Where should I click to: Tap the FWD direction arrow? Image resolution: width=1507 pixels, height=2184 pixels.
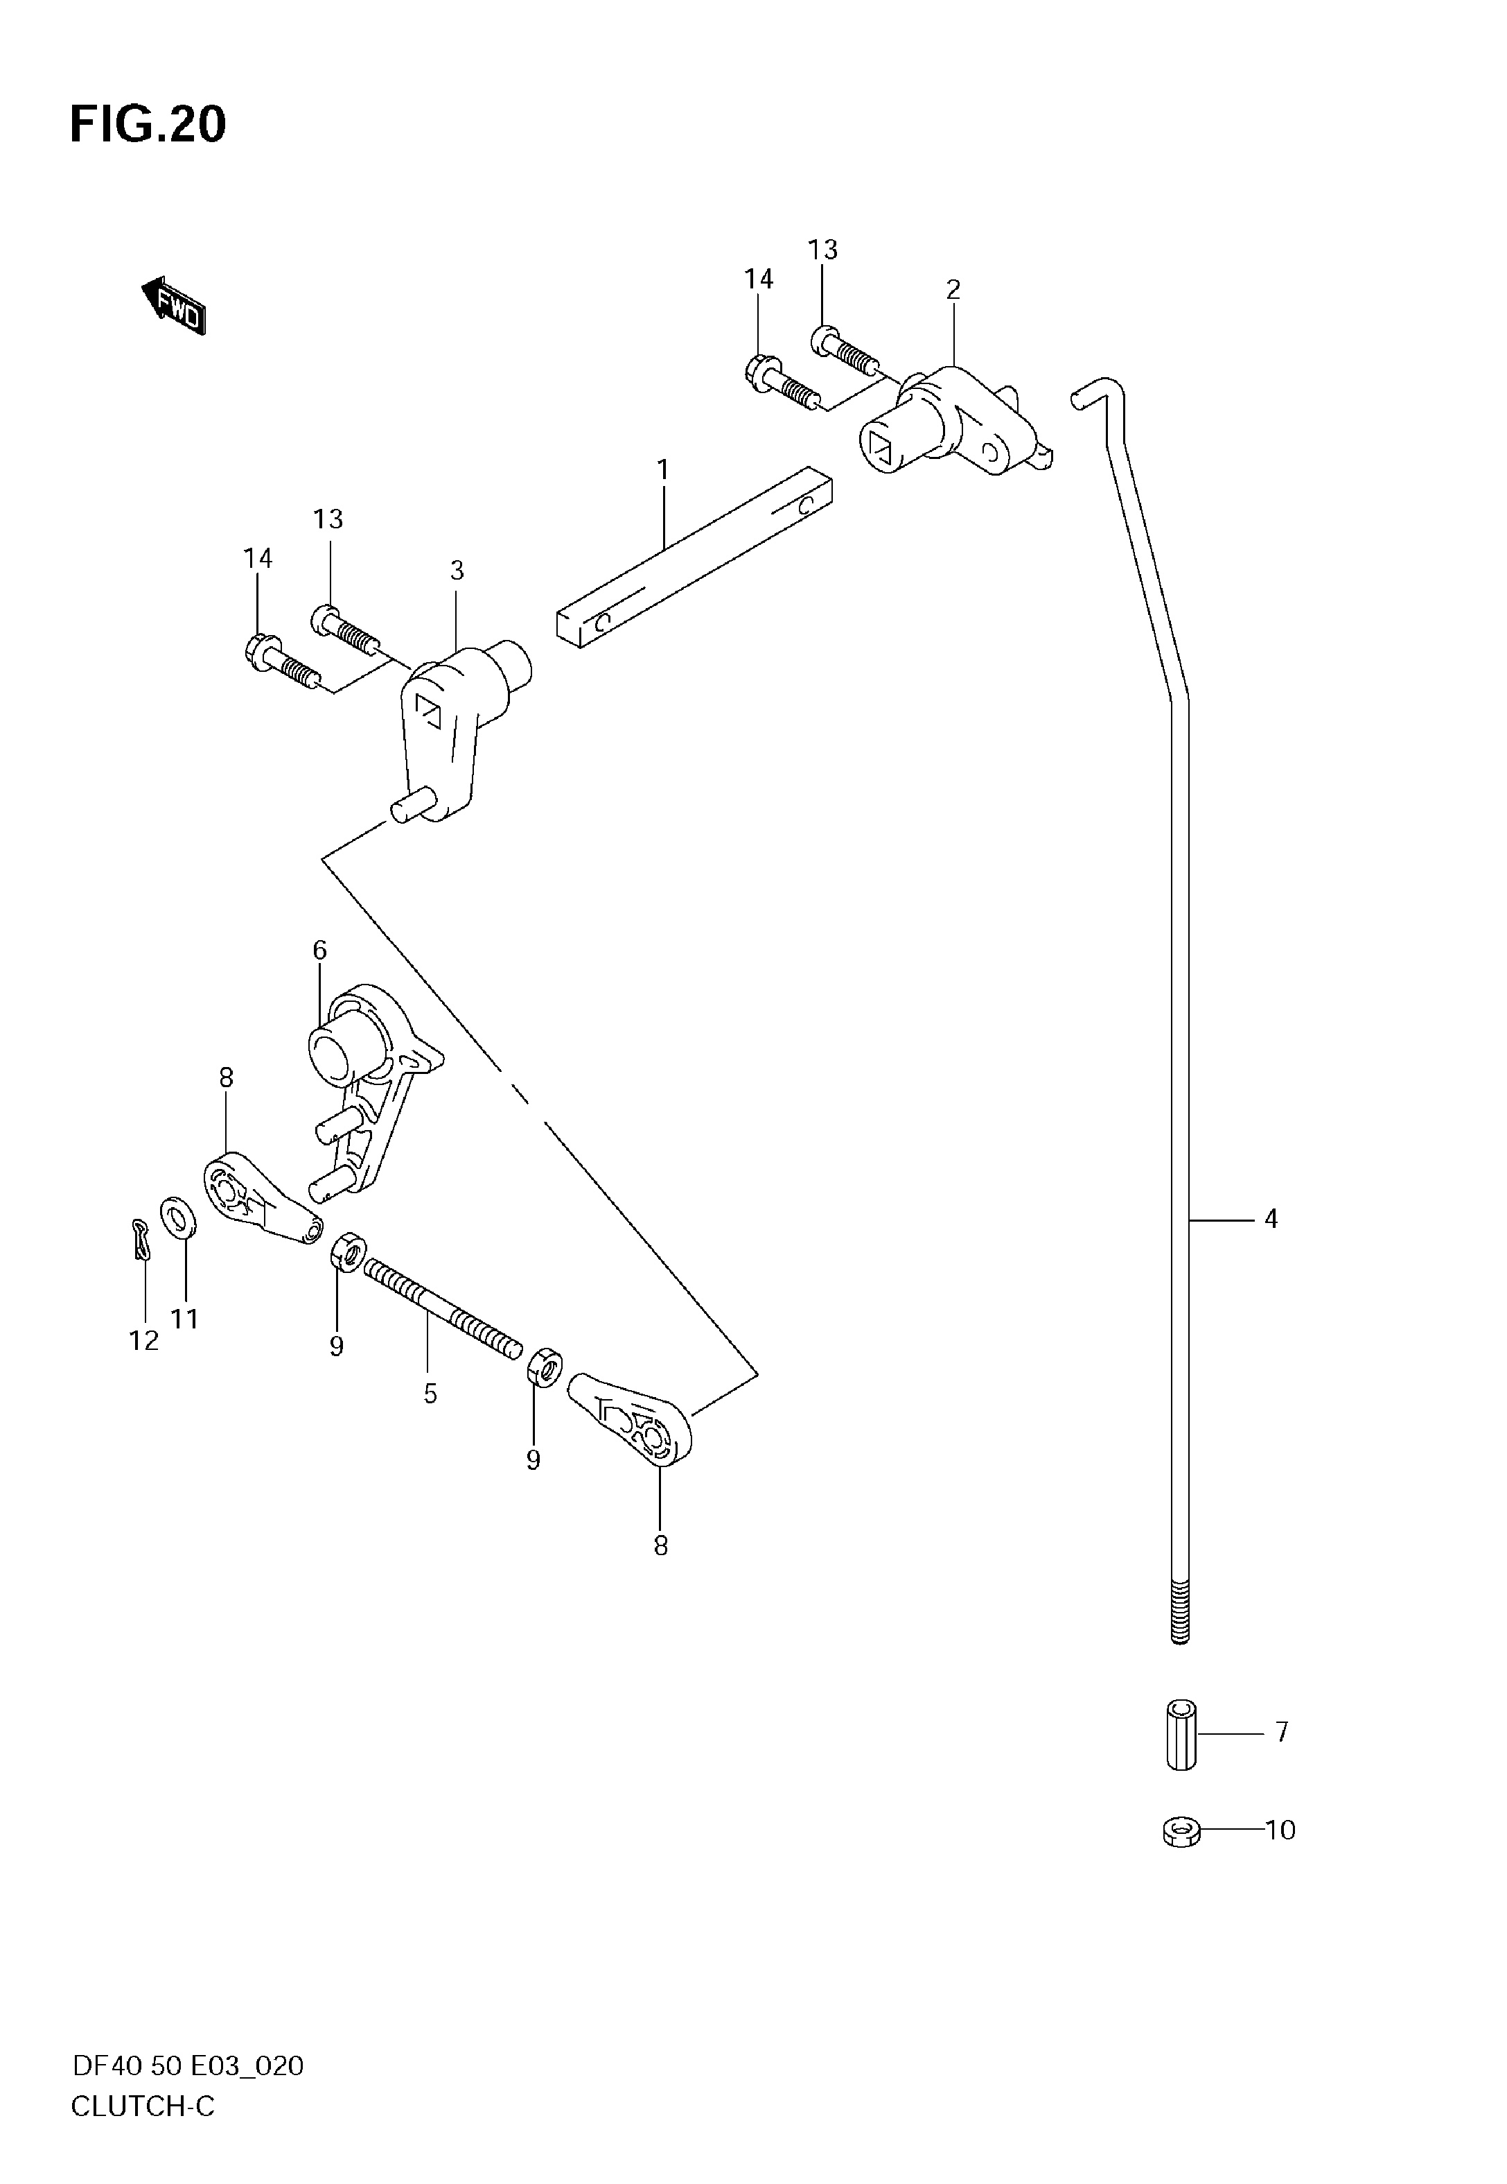tap(173, 306)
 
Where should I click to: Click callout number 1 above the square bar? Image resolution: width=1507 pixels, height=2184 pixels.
tap(663, 469)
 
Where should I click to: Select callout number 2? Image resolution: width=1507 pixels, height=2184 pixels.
tap(953, 290)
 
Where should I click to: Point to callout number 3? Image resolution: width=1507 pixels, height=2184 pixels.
tap(457, 571)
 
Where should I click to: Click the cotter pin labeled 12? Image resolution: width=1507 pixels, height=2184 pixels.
tap(141, 1238)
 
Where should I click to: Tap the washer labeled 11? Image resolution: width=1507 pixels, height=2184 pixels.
tap(179, 1220)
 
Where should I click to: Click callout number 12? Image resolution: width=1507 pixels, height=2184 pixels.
tap(145, 1340)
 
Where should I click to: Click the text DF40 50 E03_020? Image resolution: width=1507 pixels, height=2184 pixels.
tap(188, 2067)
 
